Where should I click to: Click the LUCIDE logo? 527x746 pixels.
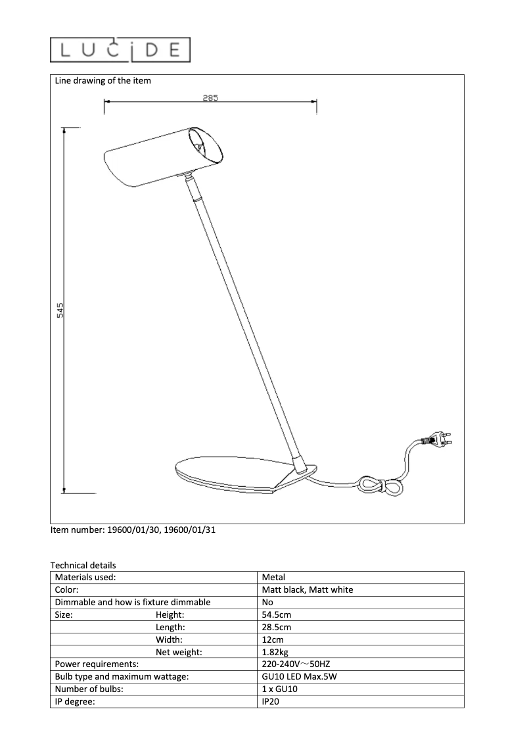[x=120, y=49]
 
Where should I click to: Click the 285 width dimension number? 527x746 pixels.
[x=210, y=97]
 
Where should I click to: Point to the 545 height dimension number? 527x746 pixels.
[x=59, y=311]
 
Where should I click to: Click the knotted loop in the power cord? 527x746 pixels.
[x=380, y=487]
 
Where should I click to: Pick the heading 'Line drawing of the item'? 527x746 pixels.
[x=103, y=81]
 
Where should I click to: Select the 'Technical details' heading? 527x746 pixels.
[x=83, y=565]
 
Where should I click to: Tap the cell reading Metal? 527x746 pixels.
[x=273, y=577]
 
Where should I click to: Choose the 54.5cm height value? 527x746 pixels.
[x=277, y=614]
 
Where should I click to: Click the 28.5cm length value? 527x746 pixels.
[x=277, y=627]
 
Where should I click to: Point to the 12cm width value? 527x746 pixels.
[x=273, y=639]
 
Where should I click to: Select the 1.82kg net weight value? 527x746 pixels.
[x=275, y=652]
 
